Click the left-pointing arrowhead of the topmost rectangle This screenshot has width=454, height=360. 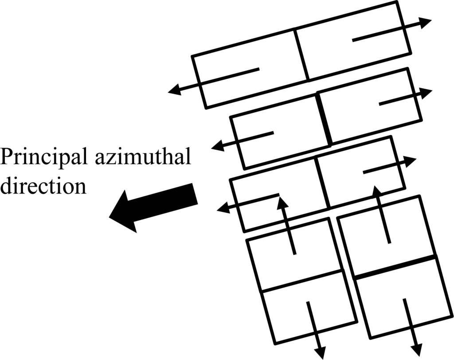(175, 90)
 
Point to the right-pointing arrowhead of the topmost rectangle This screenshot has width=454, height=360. (425, 22)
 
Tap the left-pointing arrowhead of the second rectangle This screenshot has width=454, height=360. (218, 145)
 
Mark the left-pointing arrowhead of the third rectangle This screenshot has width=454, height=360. (223, 207)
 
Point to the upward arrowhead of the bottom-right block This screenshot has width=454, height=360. (377, 192)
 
